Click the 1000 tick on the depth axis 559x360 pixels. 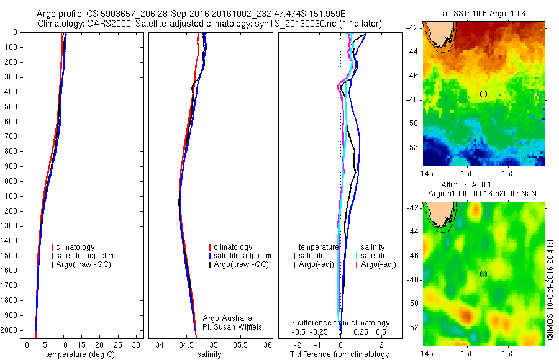11,181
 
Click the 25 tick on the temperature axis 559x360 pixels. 118,344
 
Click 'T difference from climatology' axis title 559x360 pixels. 339,354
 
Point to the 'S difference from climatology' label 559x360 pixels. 340,323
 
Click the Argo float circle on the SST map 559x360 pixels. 483,94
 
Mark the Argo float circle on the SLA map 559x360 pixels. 483,274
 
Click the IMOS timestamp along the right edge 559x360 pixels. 550,282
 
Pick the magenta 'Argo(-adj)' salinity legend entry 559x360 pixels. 378,264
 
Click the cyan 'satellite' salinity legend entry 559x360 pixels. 375,256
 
